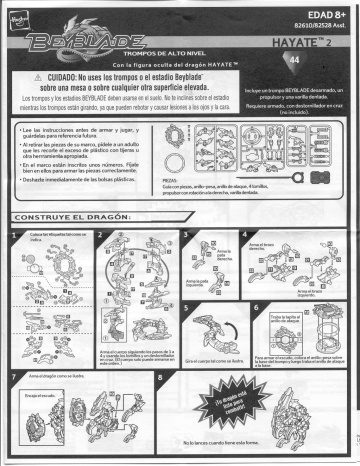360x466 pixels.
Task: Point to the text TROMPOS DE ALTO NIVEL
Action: pos(144,50)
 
